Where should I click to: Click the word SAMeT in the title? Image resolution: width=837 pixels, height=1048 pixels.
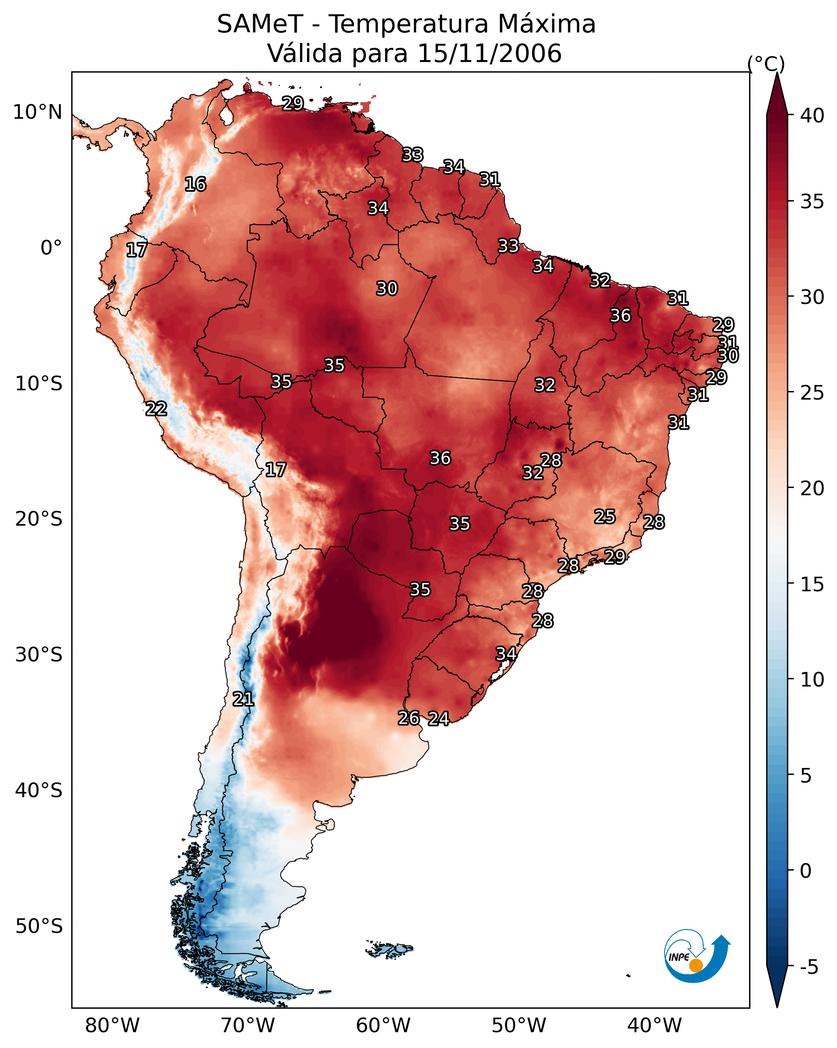[x=260, y=24]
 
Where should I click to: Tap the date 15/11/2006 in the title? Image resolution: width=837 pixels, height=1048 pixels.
[x=489, y=53]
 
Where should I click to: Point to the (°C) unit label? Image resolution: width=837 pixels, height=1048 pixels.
[x=766, y=64]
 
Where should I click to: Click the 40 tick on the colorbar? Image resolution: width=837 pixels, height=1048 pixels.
[x=813, y=115]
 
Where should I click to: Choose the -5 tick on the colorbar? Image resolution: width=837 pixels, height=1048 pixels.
[x=810, y=967]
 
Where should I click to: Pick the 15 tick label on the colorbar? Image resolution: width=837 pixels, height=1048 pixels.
[x=813, y=584]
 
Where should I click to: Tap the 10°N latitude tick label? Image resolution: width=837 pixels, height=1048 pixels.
[x=37, y=112]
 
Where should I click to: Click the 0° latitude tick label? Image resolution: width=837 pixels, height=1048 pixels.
[x=51, y=248]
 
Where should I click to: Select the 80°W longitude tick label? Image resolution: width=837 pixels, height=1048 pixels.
[x=112, y=1026]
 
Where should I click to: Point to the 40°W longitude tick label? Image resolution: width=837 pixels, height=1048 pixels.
[x=655, y=1026]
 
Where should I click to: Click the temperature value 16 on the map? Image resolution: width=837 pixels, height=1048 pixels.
[x=195, y=184]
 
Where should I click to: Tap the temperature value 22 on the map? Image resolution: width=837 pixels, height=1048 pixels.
[x=156, y=409]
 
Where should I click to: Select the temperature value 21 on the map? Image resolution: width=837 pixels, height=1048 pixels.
[x=243, y=699]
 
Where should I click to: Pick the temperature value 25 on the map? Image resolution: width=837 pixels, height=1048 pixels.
[x=605, y=516]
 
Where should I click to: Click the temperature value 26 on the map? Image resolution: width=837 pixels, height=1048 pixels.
[x=409, y=718]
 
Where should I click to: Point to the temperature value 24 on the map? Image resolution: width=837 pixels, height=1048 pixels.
[x=439, y=719]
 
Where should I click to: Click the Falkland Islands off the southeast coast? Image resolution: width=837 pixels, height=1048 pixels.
[x=389, y=949]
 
